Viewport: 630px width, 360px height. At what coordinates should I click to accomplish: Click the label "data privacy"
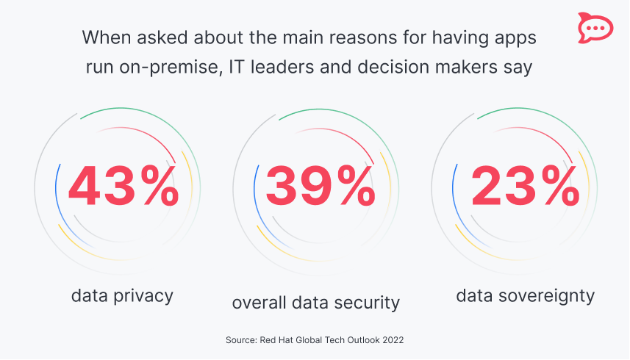[x=122, y=296]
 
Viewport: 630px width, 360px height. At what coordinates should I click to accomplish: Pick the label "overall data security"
[x=316, y=302]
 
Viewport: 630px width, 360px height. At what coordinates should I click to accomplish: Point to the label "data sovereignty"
[x=525, y=296]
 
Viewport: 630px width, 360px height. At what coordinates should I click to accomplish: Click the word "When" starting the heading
[x=104, y=37]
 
